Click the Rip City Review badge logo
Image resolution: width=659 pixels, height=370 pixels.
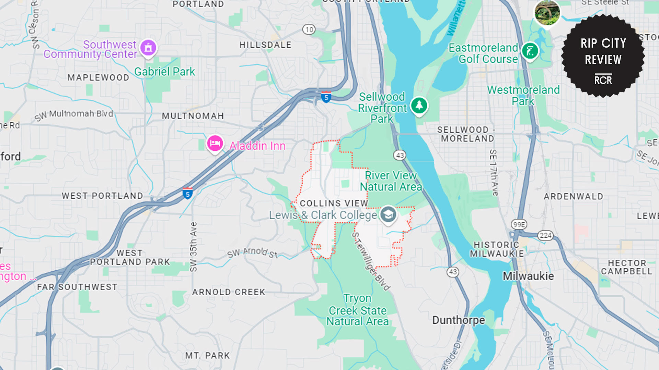click(603, 56)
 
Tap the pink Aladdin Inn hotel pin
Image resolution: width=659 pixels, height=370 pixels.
click(215, 144)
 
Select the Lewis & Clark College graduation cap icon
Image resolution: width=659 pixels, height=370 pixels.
click(388, 214)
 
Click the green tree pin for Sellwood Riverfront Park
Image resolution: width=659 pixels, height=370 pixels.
click(419, 106)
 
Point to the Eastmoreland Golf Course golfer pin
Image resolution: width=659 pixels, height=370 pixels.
click(530, 51)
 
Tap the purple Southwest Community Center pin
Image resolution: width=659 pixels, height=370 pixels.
click(148, 48)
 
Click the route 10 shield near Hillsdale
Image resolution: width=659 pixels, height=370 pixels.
click(309, 29)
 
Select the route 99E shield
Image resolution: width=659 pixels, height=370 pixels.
click(519, 225)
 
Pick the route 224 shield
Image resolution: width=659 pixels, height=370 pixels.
click(545, 235)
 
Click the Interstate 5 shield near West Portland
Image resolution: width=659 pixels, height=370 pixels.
click(187, 194)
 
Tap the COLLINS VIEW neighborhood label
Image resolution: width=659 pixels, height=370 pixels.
click(334, 203)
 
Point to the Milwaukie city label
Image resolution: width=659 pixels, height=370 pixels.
click(528, 276)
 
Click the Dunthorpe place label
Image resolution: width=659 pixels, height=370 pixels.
click(458, 320)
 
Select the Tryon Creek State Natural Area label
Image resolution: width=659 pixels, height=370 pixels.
click(357, 310)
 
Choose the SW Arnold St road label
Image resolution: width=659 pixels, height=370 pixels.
click(252, 253)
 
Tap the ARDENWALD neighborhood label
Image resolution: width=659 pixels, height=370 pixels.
click(573, 197)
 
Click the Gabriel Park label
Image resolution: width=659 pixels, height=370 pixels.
click(164, 72)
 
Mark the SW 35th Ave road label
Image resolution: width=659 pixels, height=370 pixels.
click(194, 247)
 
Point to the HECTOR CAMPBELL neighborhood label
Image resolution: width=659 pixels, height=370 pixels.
click(626, 267)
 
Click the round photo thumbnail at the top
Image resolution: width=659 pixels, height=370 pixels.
click(547, 13)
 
